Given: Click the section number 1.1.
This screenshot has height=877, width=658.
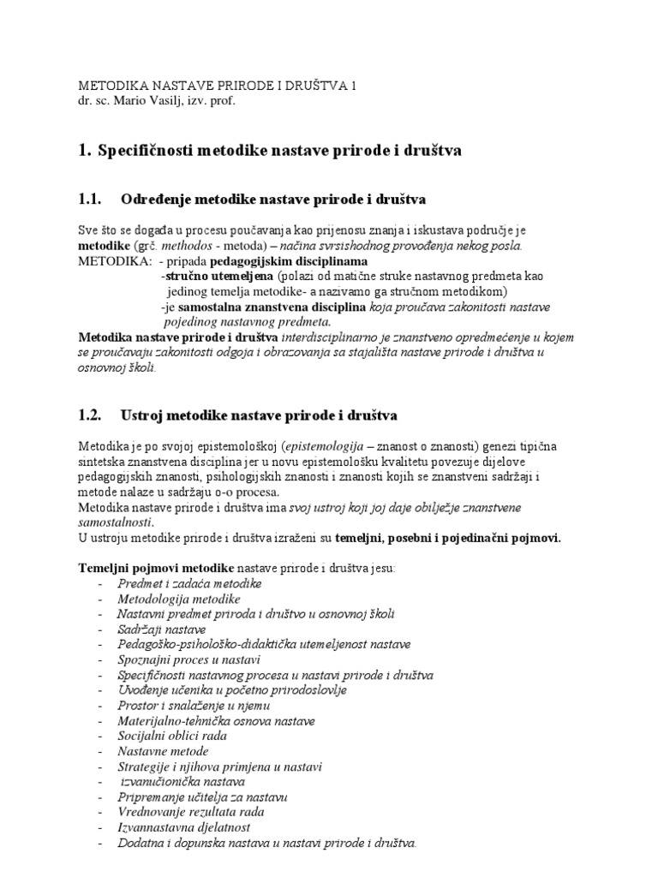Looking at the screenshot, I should pos(90,200).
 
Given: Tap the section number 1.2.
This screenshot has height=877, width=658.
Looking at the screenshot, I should pos(90,415).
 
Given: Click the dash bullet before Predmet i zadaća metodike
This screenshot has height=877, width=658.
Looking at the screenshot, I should pos(100,583).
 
